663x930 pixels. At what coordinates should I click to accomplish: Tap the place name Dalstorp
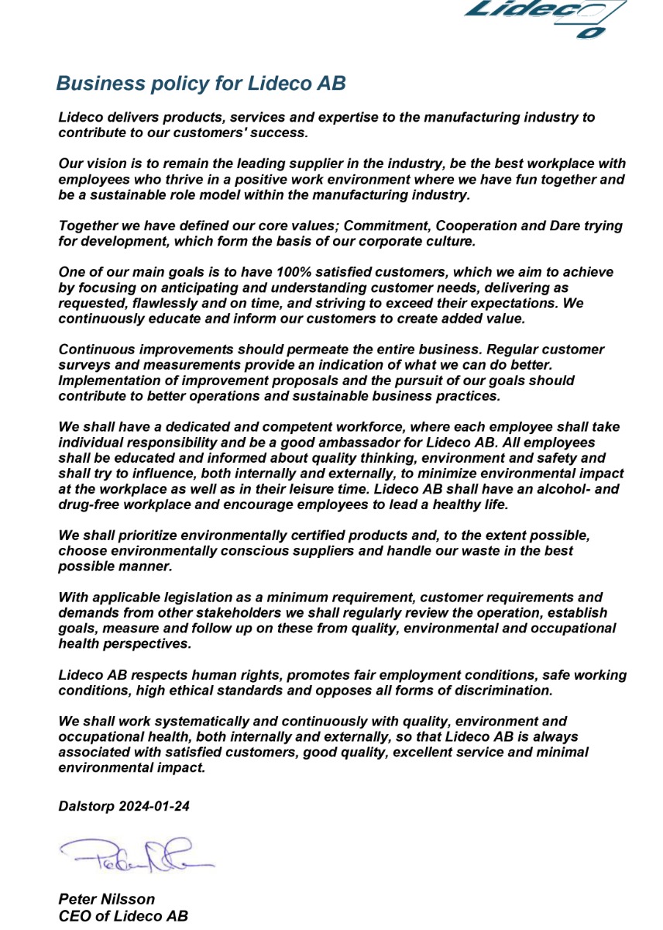pos(86,806)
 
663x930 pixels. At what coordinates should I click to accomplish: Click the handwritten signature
pos(136,853)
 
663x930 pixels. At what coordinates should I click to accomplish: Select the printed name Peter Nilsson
pos(107,899)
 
